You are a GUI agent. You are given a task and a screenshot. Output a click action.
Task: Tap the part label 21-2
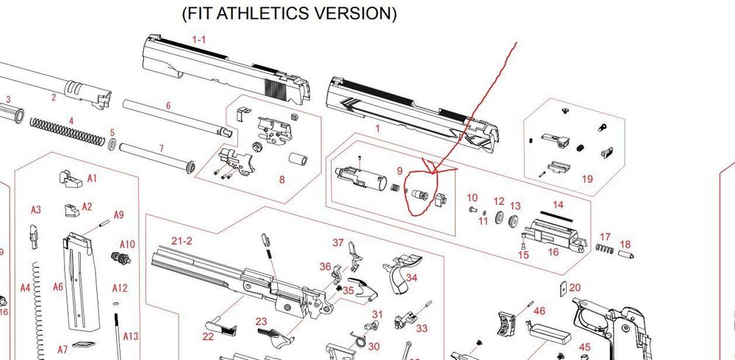tap(182, 241)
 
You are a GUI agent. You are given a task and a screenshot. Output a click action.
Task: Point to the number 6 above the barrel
tap(168, 106)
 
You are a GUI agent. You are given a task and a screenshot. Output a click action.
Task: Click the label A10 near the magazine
tap(127, 244)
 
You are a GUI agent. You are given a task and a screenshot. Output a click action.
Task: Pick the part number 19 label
tap(587, 179)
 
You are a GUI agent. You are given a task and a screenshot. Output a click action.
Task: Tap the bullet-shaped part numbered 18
tap(626, 253)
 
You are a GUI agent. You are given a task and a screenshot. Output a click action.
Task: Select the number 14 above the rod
tap(558, 205)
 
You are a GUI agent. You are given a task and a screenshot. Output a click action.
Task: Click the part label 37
tap(338, 242)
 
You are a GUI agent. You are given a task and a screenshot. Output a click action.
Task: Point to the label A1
tap(92, 178)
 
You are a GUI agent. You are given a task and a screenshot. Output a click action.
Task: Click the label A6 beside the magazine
tap(58, 287)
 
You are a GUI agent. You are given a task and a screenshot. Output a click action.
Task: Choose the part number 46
tap(539, 311)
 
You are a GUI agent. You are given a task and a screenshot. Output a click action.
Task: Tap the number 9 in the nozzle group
tap(400, 171)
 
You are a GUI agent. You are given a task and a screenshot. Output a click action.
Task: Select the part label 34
tap(412, 278)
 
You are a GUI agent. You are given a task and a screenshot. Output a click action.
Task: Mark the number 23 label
tap(261, 321)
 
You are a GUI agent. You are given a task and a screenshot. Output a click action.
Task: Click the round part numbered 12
tap(500, 217)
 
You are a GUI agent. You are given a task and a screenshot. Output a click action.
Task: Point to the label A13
tap(130, 336)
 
